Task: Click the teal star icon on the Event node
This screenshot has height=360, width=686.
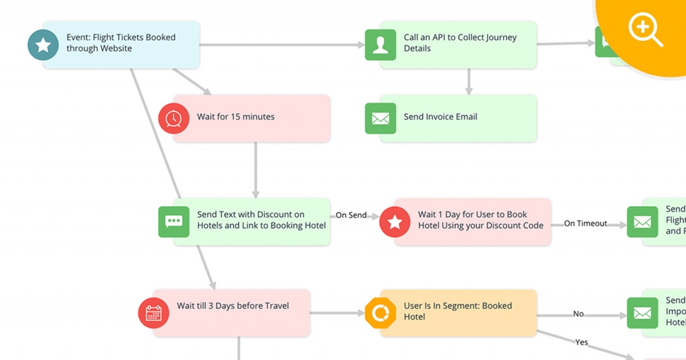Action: tap(43, 45)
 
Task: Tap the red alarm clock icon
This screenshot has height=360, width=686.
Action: tap(174, 118)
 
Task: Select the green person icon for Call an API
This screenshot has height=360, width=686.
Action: tap(380, 45)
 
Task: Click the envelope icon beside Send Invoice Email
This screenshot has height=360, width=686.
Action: tap(380, 119)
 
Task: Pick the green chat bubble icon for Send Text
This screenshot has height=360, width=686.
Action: tap(174, 221)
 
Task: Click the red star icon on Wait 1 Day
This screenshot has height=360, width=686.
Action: tap(395, 222)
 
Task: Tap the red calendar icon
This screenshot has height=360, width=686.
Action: tap(153, 313)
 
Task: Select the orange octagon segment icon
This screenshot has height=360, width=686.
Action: tap(380, 313)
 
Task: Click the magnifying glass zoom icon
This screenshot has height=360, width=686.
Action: tap(644, 29)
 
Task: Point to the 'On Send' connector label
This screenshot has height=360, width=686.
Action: tap(351, 215)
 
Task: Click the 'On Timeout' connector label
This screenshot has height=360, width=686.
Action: tap(586, 223)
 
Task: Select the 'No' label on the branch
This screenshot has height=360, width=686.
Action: tap(579, 314)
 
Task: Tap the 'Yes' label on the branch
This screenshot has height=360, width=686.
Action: tap(581, 342)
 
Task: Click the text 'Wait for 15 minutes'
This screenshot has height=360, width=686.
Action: tap(236, 117)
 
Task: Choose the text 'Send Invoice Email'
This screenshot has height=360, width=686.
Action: tap(440, 117)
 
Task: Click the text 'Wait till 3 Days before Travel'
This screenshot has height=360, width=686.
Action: tap(232, 306)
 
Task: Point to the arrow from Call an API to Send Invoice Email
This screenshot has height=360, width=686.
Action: tap(469, 81)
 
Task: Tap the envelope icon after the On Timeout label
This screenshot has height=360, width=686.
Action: tap(642, 222)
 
